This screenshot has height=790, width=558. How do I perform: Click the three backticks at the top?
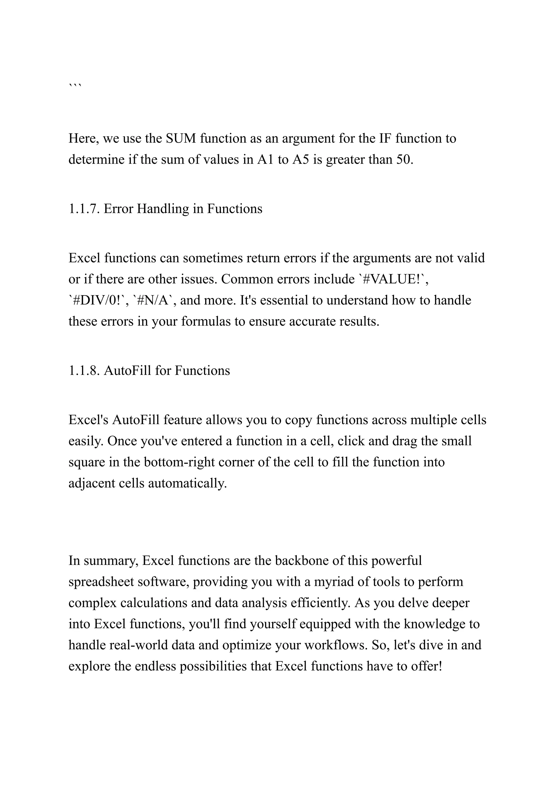(75, 85)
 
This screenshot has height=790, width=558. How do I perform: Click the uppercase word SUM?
(181, 139)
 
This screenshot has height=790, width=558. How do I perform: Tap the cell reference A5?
(301, 160)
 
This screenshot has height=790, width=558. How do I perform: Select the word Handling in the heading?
(163, 209)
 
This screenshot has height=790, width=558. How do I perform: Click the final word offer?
(426, 667)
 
